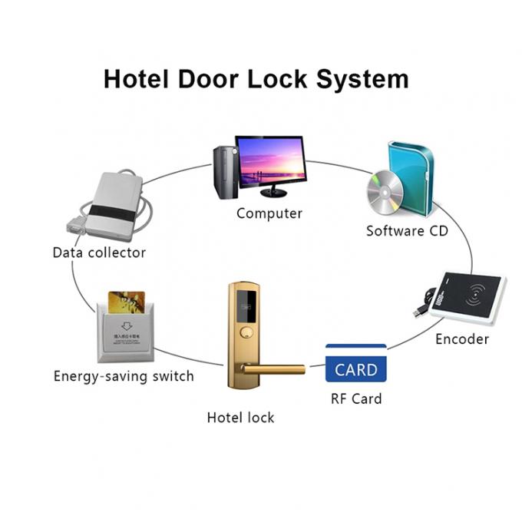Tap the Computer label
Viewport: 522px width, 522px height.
269,213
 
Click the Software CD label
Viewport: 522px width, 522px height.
407,230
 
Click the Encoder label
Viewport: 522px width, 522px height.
462,339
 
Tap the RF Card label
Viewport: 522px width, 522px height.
356,398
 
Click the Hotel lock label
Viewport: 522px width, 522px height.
240,418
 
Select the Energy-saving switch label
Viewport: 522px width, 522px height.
124,376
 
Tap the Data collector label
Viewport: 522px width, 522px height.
99,252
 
